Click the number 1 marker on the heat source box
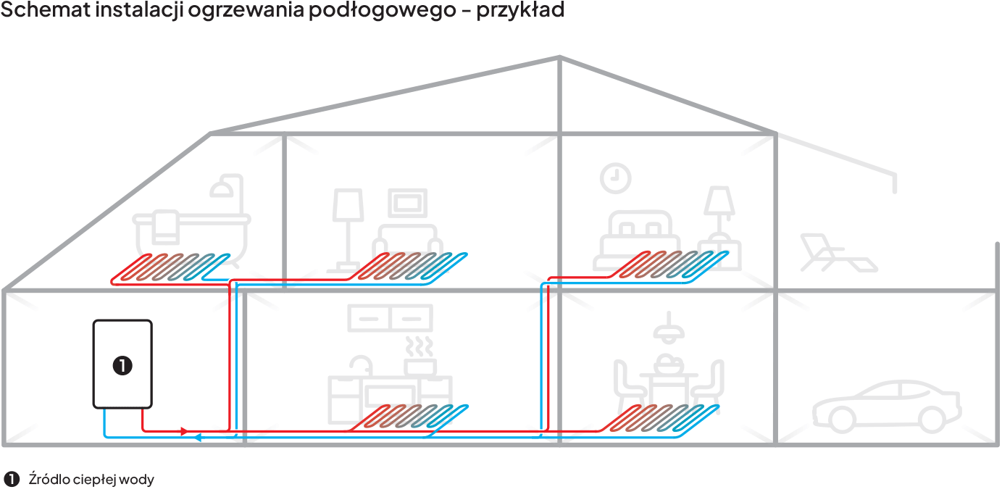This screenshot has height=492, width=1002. (x=122, y=365)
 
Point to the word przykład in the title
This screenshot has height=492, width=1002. (x=520, y=12)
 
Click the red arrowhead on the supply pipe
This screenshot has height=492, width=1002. (x=184, y=431)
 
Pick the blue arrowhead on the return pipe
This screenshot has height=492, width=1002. (x=198, y=438)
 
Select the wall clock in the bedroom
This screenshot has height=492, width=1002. (x=616, y=178)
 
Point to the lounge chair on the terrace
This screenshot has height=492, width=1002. (x=838, y=251)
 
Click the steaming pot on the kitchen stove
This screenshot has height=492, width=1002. (x=419, y=355)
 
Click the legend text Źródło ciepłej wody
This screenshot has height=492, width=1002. (x=91, y=480)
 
